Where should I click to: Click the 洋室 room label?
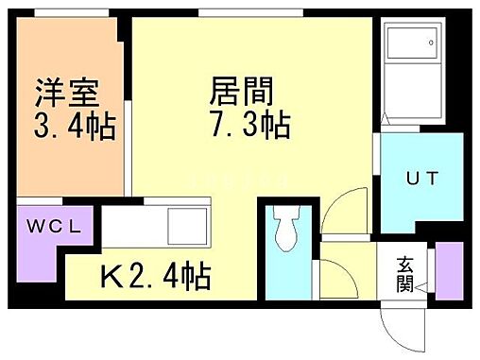(x=68, y=94)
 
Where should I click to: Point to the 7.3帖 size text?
(x=249, y=124)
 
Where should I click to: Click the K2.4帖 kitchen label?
(x=156, y=277)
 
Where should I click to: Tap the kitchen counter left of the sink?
(x=132, y=228)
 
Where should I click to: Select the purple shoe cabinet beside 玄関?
(x=450, y=267)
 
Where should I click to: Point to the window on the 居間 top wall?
(x=250, y=14)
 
